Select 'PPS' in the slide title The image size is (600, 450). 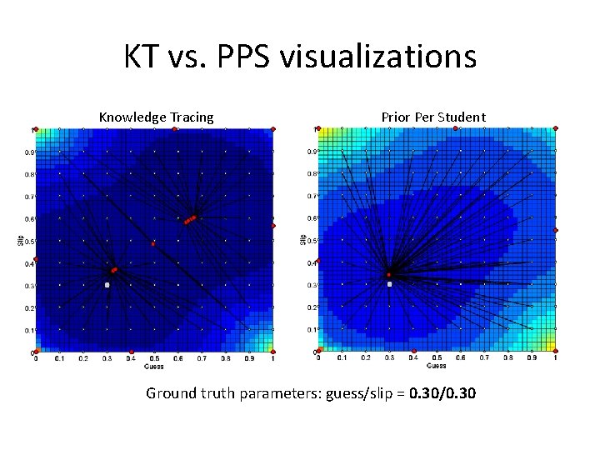(x=242, y=57)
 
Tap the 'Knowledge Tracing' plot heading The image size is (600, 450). (x=156, y=117)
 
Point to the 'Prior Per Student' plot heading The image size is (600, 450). (x=433, y=117)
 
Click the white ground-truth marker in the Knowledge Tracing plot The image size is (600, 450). (x=107, y=285)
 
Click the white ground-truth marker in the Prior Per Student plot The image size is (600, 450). (x=389, y=284)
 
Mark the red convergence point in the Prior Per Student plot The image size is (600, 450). (x=388, y=274)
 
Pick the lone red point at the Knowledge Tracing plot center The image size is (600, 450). (x=153, y=244)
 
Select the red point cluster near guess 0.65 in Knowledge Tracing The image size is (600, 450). (x=190, y=220)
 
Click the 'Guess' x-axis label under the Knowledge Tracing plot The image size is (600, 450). (x=154, y=366)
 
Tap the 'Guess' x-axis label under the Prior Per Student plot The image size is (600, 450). (x=436, y=366)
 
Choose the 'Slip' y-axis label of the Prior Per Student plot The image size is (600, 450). (x=304, y=240)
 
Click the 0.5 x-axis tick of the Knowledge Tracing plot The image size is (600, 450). (x=154, y=359)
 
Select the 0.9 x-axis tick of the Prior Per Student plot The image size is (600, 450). (x=531, y=359)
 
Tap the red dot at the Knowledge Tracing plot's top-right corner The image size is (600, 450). (x=273, y=128)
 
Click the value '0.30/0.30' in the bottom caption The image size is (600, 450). (x=443, y=392)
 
